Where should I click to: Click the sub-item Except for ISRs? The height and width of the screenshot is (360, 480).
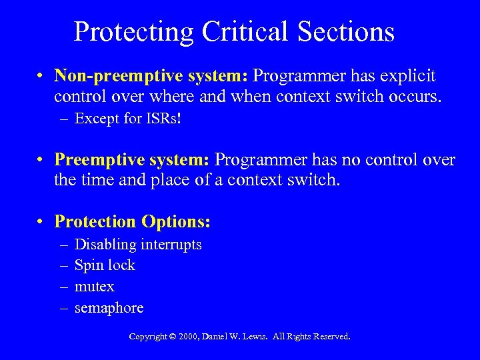tap(118, 119)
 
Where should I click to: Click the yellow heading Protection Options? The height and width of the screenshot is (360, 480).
tap(132, 221)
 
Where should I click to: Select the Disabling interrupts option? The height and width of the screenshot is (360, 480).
tap(137, 245)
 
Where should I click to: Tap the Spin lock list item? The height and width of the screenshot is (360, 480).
tap(105, 265)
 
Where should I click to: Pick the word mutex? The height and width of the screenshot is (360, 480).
tap(95, 287)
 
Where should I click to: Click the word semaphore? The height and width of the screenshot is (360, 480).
tap(109, 307)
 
